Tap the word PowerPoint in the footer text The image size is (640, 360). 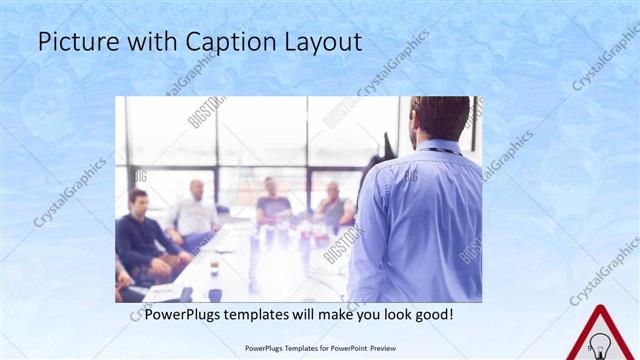pyautogui.click(x=345, y=348)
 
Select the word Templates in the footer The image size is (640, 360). pyautogui.click(x=288, y=348)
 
